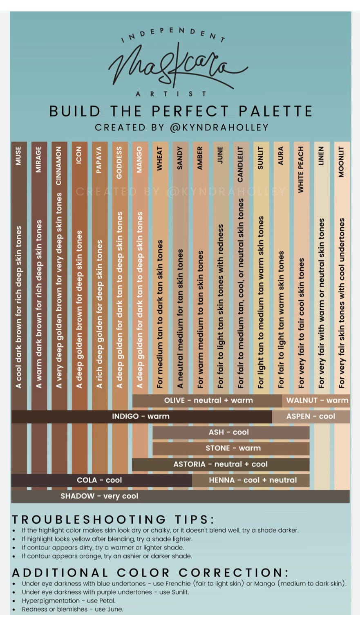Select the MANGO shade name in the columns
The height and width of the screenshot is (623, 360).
point(139,159)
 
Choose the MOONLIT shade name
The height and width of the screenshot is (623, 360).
point(342,161)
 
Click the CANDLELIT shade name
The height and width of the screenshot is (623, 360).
point(240,164)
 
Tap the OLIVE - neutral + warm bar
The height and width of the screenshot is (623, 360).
point(208,401)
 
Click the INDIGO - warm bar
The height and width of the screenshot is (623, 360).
point(141,417)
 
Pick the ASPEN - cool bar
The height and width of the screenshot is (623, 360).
point(311,417)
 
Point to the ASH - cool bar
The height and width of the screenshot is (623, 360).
point(229,433)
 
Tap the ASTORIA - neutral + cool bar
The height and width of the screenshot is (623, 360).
point(220,464)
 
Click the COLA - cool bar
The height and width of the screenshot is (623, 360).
point(99,480)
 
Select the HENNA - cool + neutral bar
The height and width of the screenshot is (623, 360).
point(253,480)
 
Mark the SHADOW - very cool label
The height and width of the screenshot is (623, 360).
point(99,496)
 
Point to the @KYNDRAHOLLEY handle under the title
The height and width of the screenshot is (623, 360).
point(219,128)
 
